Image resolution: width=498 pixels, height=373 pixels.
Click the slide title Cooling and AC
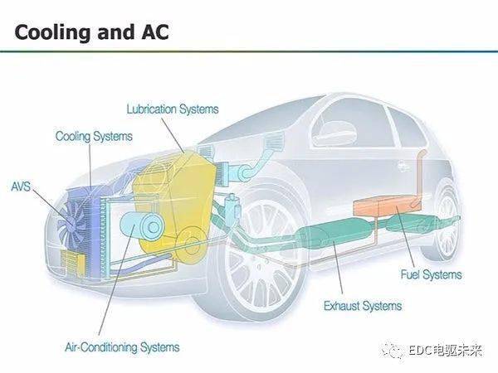91,32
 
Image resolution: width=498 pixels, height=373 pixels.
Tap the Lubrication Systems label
173,109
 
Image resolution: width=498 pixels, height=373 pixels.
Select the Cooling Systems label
94,137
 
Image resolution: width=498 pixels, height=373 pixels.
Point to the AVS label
21,186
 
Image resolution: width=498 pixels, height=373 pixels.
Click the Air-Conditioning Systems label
122,347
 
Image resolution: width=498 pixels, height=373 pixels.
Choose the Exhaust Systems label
363,306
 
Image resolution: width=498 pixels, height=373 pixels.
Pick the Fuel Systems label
431,274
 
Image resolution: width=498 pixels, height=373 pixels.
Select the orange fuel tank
388,206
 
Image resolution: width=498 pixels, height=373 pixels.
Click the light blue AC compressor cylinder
142,226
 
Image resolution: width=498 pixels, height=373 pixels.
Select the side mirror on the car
333,133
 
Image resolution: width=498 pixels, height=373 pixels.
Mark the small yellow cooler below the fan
73,263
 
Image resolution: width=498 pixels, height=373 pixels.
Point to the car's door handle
405,166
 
